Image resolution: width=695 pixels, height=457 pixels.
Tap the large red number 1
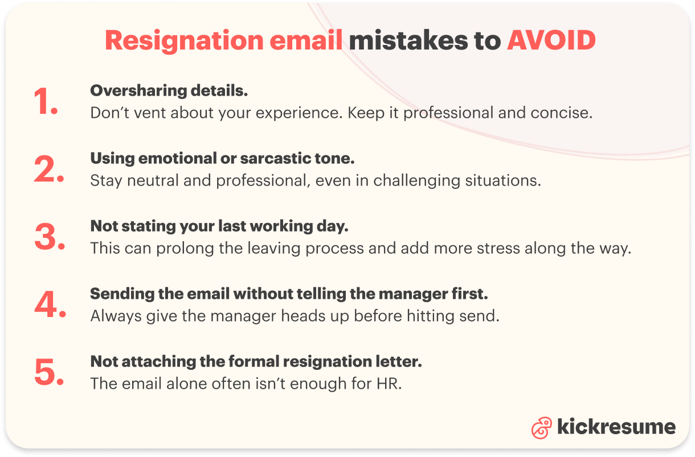coord(45,102)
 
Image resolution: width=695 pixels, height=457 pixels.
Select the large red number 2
coord(49,171)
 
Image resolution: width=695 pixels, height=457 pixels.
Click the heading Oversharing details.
coord(169,90)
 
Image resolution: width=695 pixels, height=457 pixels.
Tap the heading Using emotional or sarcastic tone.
coord(222,158)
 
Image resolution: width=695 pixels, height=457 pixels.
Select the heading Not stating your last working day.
coord(219,226)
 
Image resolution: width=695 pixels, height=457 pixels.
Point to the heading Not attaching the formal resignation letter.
coord(256,361)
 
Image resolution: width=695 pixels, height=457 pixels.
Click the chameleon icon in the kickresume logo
coord(541,427)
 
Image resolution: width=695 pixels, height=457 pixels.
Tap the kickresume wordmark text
coord(616,427)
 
